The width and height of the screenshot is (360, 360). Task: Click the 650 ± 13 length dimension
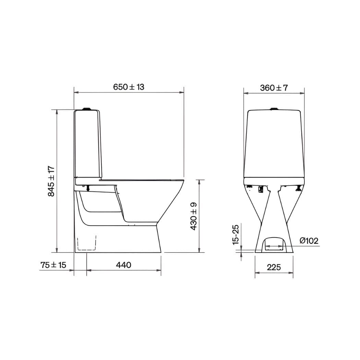(x=129, y=87)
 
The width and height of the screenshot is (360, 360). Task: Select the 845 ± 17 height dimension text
(x=51, y=181)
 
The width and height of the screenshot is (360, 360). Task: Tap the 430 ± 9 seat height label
(x=193, y=216)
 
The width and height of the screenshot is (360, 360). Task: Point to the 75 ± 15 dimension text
(x=53, y=265)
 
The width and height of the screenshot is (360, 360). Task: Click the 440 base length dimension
(x=123, y=265)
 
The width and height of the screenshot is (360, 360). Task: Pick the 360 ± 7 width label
(x=274, y=88)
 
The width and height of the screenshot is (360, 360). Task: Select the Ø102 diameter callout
(x=309, y=241)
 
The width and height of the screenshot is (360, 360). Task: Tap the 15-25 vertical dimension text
(x=236, y=235)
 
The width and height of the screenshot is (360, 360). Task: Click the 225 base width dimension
(x=274, y=267)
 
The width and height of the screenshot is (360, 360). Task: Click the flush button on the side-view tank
(x=87, y=109)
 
